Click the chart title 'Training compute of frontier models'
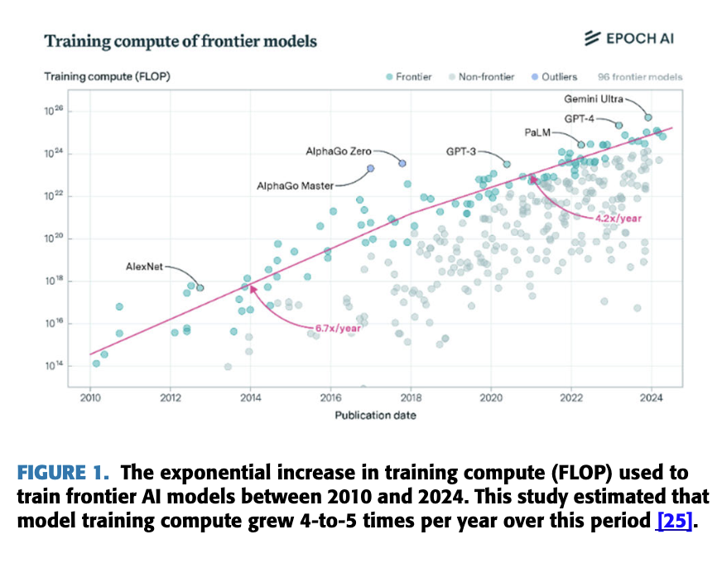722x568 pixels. [x=180, y=41]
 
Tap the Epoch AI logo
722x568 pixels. [x=633, y=37]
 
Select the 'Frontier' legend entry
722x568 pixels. [x=408, y=77]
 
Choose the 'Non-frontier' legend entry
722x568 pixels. [x=481, y=77]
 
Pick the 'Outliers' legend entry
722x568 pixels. [x=554, y=77]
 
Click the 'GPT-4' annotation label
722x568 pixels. [x=580, y=118]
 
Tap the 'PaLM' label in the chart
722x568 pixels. [x=538, y=132]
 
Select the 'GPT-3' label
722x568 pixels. [x=461, y=152]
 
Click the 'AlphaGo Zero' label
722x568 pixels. [x=339, y=152]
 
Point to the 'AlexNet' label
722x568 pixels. [x=145, y=267]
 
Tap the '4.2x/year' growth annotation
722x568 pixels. [x=618, y=218]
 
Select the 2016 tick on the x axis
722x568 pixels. [x=330, y=397]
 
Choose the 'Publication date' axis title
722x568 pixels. [x=375, y=415]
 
